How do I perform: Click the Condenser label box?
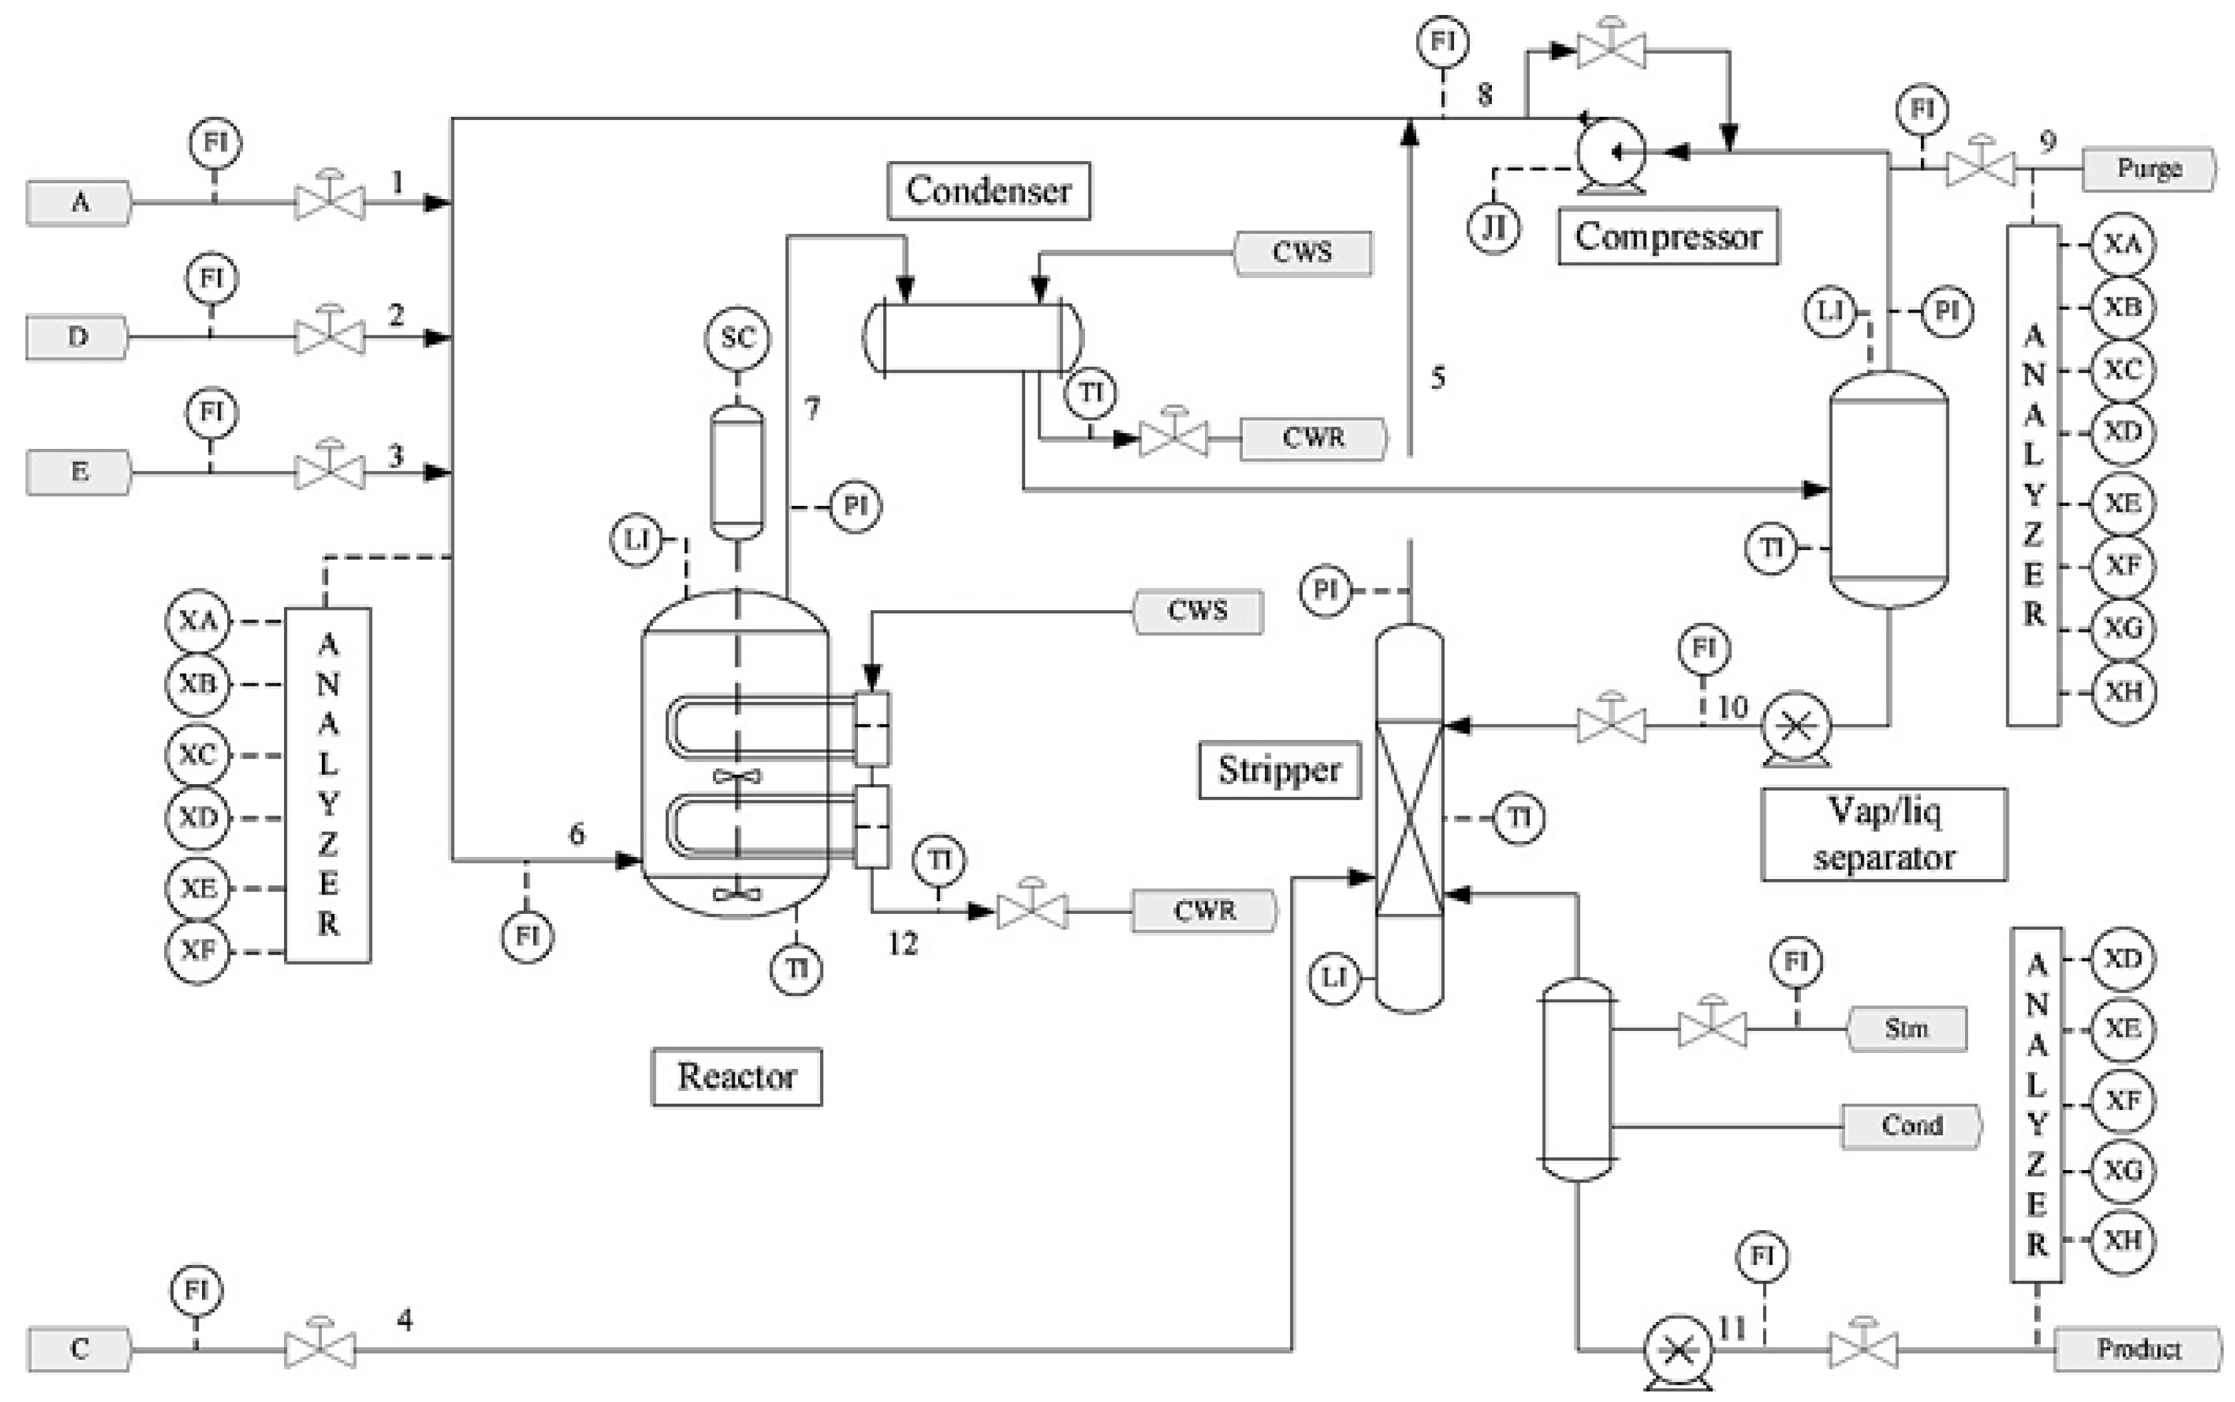click(988, 191)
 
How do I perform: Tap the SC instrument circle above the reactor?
click(737, 337)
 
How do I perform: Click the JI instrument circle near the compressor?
click(1493, 227)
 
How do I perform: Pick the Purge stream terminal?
click(2148, 169)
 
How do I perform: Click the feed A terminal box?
click(80, 202)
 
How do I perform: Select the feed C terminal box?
click(80, 1348)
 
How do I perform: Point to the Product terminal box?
click(2136, 1348)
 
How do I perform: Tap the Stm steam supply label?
click(1906, 1028)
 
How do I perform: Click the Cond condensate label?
click(1910, 1126)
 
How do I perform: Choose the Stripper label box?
click(1278, 770)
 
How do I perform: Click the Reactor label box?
click(736, 1077)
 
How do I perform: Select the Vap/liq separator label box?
click(1883, 833)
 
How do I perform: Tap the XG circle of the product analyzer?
click(2122, 1170)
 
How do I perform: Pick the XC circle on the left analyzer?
click(197, 754)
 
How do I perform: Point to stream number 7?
click(812, 408)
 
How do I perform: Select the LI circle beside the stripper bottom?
click(1334, 977)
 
